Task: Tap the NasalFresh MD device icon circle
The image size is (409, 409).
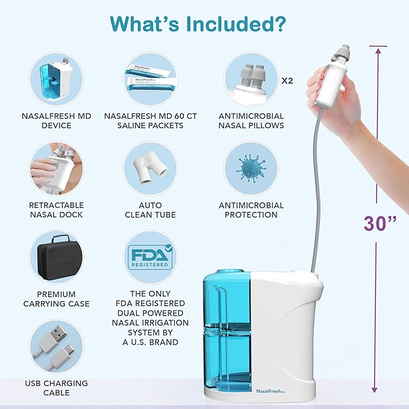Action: [57, 79]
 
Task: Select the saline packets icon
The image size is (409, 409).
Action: [151, 79]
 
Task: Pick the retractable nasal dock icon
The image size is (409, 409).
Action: [57, 167]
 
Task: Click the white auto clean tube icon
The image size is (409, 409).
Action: [151, 167]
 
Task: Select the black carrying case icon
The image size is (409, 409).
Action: [57, 257]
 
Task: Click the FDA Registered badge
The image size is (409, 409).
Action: [151, 257]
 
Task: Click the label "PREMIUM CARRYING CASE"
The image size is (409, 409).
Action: [57, 299]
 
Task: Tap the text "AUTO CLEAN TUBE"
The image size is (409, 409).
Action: [151, 210]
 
